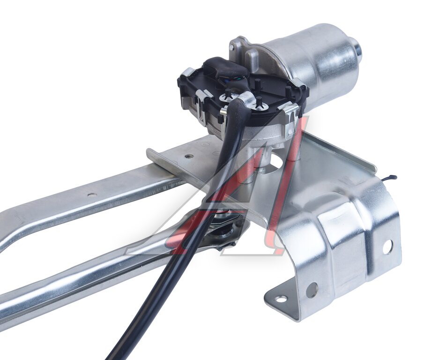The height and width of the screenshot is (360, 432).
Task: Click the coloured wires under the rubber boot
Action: click(231, 79)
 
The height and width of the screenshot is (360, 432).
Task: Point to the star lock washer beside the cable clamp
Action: click(228, 97)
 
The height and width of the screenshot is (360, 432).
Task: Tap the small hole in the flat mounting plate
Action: click(188, 156)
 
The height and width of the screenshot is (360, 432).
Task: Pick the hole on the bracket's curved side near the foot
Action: click(312, 290)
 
